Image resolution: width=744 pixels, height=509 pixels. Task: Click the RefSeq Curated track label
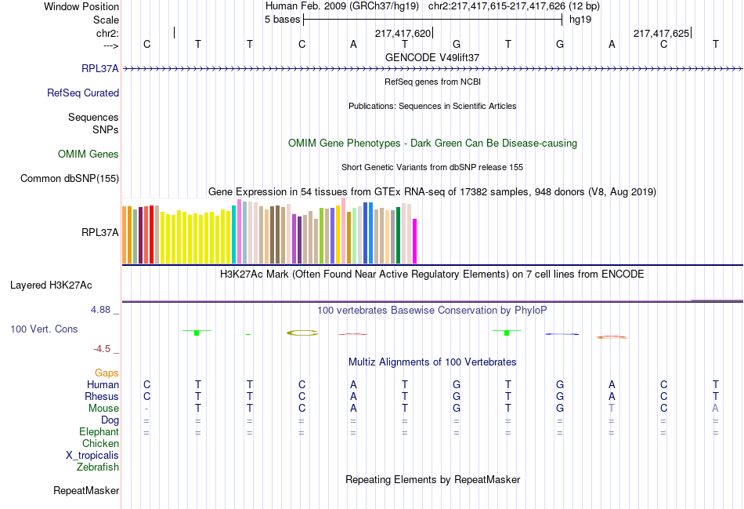point(83,93)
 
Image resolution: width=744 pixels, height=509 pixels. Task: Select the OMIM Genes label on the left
point(88,155)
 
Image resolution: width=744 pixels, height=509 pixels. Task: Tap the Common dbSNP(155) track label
point(69,179)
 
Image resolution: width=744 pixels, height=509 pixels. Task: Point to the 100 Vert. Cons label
point(44,329)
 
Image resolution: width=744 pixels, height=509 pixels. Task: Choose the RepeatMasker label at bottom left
point(86,491)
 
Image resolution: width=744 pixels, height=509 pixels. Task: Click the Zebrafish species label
point(98,467)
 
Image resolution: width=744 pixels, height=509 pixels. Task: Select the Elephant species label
point(99,432)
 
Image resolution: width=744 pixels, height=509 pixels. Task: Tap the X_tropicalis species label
point(92,456)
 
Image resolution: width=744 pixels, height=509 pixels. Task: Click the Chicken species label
point(100,444)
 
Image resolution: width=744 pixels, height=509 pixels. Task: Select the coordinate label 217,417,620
point(403,34)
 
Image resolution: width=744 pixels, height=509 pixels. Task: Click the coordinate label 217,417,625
point(661,34)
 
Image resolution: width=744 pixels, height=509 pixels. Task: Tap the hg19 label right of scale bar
point(580,19)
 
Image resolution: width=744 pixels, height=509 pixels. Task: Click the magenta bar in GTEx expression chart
point(415,242)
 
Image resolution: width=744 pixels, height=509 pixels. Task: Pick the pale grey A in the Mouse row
point(715,409)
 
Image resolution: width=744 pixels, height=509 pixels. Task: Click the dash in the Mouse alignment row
point(146,409)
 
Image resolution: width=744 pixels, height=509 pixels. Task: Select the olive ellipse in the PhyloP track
point(302,333)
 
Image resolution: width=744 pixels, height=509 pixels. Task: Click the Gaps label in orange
point(107,373)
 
